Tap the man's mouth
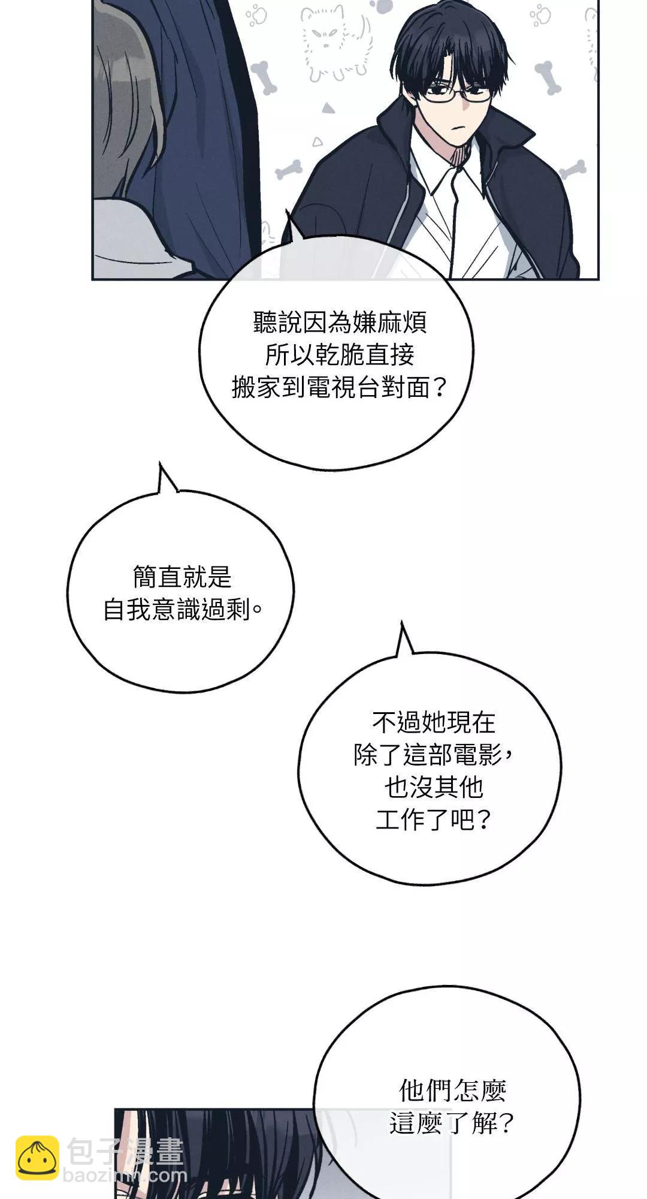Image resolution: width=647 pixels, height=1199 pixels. (x=458, y=127)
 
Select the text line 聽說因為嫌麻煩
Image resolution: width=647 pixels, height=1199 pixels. (x=340, y=323)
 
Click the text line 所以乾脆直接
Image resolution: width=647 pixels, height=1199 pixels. (x=340, y=355)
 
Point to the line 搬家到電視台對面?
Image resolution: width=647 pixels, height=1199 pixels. (x=340, y=387)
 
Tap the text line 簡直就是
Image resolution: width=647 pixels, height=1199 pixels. (x=182, y=577)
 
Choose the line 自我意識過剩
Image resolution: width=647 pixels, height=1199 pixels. (x=182, y=610)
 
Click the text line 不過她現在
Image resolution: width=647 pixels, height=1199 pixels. (x=434, y=722)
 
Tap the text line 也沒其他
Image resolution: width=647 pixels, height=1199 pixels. (x=434, y=787)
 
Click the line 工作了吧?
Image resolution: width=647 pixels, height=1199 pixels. (x=434, y=820)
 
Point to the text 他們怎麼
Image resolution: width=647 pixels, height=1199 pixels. (x=452, y=1090)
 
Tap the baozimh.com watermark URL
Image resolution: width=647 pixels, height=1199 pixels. (x=125, y=1176)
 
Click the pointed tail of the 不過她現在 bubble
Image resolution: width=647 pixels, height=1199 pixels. (x=403, y=637)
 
